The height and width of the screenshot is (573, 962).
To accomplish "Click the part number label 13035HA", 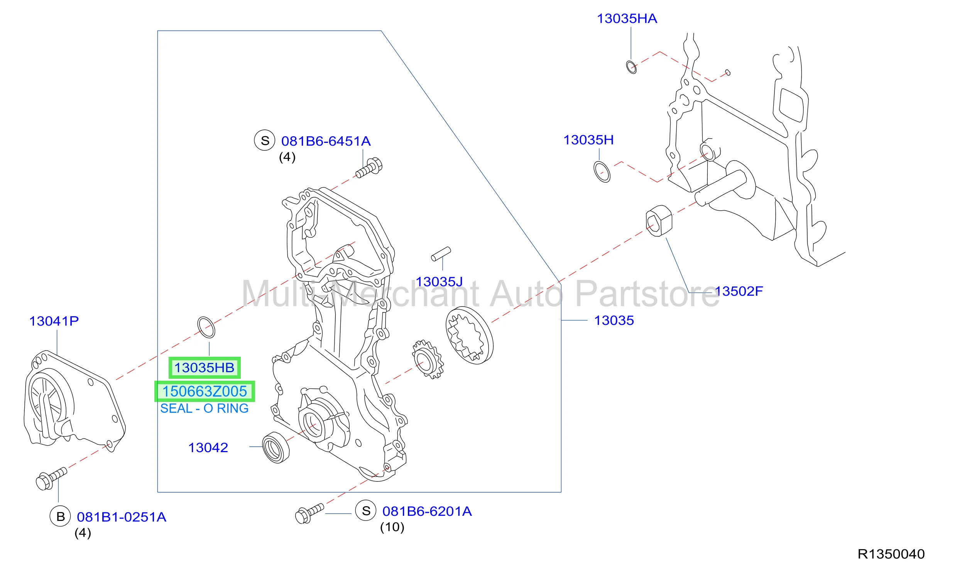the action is pos(627,19).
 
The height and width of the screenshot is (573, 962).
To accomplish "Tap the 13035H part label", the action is pos(588,140).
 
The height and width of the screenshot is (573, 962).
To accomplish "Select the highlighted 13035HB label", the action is pos(205,368).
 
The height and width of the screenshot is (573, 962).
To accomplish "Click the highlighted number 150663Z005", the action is pos(205,392).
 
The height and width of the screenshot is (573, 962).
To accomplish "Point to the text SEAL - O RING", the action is pos(204,409).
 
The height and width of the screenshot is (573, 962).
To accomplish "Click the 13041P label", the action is pos(54,321).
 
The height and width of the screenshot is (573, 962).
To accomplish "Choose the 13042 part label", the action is pos(208,448).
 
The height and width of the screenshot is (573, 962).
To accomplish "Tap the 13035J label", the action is pos(439,282).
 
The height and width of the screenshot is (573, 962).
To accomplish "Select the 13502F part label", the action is pos(739,291).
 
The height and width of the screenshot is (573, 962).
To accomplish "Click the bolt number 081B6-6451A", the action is pos(326,141).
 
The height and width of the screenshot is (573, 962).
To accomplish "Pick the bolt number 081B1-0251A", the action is pos(122,517).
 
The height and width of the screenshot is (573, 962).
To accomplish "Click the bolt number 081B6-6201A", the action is pos(427,511).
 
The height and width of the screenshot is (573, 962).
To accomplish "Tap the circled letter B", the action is pos(61,517).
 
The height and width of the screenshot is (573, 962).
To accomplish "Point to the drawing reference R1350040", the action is pos(891,554).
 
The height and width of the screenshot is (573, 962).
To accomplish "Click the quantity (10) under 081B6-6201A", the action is pos(392,527).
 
